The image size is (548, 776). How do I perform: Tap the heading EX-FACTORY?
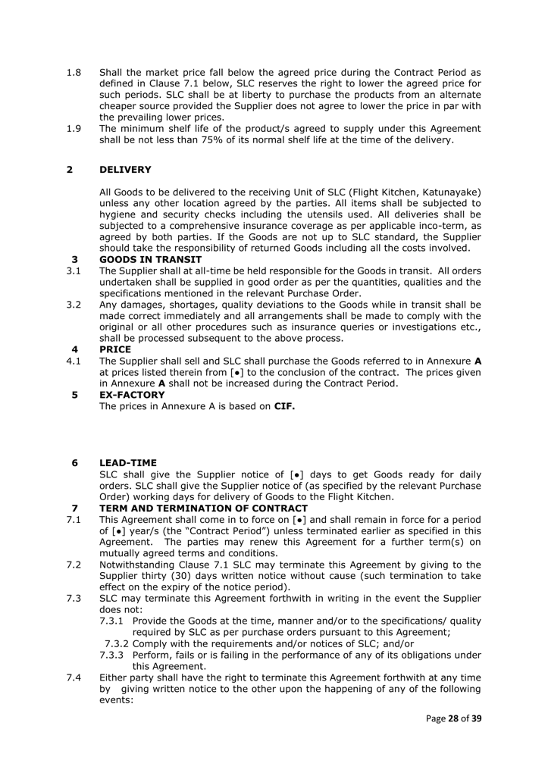coord(133,395)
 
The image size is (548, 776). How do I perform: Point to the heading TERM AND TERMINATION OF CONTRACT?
coord(203,508)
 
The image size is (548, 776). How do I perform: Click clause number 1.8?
coord(74,74)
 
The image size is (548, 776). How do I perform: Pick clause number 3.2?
coord(74,305)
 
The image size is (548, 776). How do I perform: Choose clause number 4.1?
coord(74,361)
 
